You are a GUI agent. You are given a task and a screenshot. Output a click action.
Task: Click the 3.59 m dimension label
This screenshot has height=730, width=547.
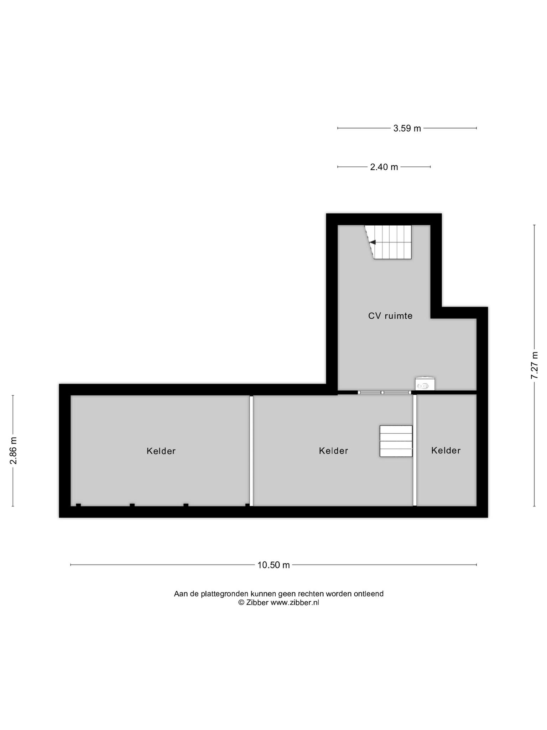(x=407, y=128)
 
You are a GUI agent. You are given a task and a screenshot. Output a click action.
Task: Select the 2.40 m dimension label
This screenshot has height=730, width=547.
(x=384, y=167)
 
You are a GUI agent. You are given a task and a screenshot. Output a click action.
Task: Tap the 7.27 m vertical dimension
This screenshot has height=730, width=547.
(x=534, y=365)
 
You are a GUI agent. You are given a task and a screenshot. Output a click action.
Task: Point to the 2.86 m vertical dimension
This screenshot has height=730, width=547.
(x=13, y=451)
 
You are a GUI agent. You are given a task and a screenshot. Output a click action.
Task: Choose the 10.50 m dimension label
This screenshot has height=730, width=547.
(x=273, y=565)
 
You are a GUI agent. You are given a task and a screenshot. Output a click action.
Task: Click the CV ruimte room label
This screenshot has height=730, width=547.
(x=390, y=316)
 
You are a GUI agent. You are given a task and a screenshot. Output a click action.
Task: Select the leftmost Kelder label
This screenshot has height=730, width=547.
(x=161, y=451)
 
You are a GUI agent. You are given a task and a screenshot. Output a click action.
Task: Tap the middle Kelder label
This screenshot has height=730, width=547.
(x=333, y=451)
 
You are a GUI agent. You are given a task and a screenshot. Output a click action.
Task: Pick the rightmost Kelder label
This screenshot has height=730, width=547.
(x=446, y=451)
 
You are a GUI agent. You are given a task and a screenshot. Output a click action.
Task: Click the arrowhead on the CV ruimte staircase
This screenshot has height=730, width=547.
(x=373, y=242)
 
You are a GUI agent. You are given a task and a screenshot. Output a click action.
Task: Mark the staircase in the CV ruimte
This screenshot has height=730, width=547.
(x=388, y=242)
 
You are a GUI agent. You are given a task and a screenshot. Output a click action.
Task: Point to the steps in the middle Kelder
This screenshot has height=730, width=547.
(x=396, y=441)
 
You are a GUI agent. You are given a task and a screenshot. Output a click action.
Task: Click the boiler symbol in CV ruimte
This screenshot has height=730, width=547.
(x=425, y=384)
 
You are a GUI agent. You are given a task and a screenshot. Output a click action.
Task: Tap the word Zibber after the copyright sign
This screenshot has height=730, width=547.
(x=257, y=602)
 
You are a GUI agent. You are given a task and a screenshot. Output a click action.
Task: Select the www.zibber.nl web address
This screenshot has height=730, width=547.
(x=295, y=602)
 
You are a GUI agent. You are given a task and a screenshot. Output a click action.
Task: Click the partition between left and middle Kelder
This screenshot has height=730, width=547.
(x=251, y=451)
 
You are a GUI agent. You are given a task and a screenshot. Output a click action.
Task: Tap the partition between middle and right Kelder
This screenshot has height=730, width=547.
(x=415, y=450)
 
